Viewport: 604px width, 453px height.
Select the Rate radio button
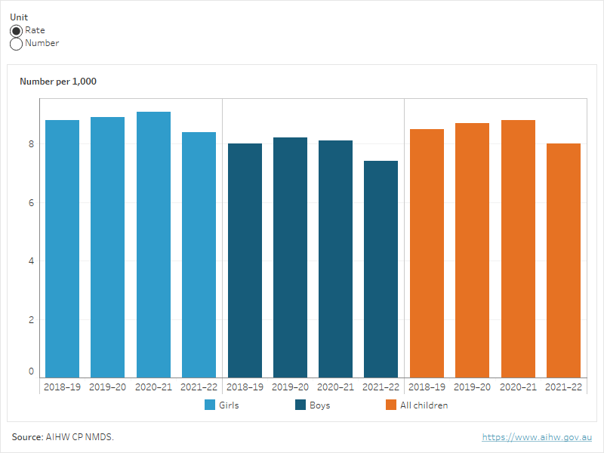pyautogui.click(x=16, y=31)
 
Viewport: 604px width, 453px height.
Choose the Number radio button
pyautogui.click(x=16, y=44)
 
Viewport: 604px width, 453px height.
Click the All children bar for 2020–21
pyautogui.click(x=517, y=248)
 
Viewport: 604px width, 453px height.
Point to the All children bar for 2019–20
pyautogui.click(x=472, y=250)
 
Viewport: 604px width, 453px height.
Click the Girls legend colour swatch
pyautogui.click(x=210, y=405)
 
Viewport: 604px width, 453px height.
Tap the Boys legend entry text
pyautogui.click(x=319, y=405)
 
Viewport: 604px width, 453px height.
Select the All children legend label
pyautogui.click(x=424, y=405)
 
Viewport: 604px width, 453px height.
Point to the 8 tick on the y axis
pyautogui.click(x=31, y=144)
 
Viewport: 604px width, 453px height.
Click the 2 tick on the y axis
pyautogui.click(x=31, y=319)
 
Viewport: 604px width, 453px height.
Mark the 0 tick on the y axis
pyautogui.click(x=31, y=371)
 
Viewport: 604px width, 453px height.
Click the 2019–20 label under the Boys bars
pyautogui.click(x=290, y=387)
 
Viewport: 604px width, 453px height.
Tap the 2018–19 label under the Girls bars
pyautogui.click(x=62, y=387)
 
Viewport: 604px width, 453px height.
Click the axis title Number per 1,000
pyautogui.click(x=58, y=82)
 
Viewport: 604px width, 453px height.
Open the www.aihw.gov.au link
pyautogui.click(x=537, y=437)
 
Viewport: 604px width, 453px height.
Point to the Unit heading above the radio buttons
pyautogui.click(x=19, y=17)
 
